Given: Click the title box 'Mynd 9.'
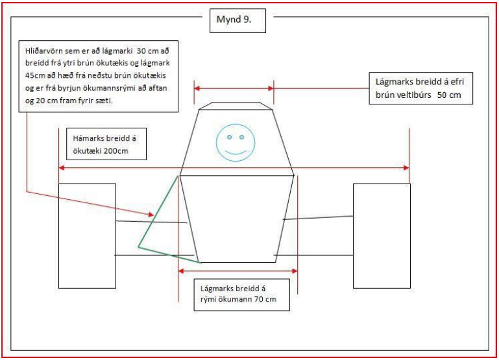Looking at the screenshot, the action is tap(237, 21).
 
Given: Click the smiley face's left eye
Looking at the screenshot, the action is tap(230, 137).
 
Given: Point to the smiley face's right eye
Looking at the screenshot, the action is tap(241, 137).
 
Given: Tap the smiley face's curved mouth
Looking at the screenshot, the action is tap(236, 152).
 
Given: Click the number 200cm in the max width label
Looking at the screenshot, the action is tap(116, 150).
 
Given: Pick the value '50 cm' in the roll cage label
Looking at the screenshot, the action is tap(449, 95).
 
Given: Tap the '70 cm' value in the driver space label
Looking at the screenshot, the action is tap(265, 299).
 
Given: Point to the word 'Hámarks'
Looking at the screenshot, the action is tap(88, 138).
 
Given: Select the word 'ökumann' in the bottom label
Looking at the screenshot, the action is tap(236, 299).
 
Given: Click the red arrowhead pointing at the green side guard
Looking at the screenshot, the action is tap(151, 215).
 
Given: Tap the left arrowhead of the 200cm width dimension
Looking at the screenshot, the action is tap(62, 167).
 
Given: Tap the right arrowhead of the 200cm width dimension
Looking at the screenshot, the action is tap(406, 167).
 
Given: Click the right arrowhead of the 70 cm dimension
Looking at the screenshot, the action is tap(295, 271).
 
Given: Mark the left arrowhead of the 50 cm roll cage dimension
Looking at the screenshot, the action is tap(197, 88).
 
